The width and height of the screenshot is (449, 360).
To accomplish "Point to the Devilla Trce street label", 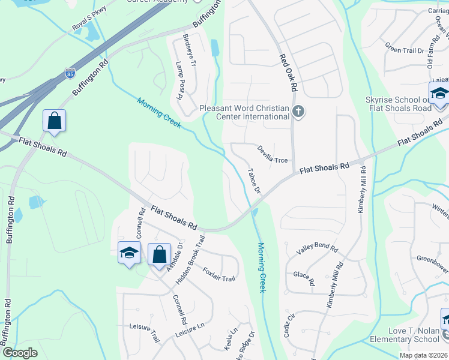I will coord(273,154).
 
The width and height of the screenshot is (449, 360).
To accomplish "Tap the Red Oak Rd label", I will coord(289,72).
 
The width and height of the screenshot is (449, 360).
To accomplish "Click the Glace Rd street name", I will coord(304,278).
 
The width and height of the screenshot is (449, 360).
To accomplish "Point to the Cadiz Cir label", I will coord(289,328).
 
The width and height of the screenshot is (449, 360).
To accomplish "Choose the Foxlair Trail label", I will coord(219,275).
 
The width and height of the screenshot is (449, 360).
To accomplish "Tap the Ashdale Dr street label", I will coord(173,257).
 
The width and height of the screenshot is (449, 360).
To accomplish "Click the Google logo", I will coord(20,353).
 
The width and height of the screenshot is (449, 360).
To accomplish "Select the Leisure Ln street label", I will coord(190,330).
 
